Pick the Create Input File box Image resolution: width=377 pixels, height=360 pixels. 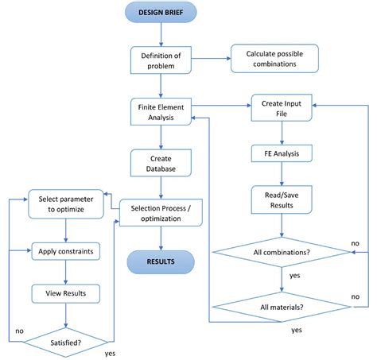(x=282, y=109)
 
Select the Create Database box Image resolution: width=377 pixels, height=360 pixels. (x=161, y=162)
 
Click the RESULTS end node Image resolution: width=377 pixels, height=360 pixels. (x=161, y=261)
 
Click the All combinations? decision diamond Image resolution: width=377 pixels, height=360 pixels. (x=282, y=254)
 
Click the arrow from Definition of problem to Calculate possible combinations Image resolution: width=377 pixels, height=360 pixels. (x=210, y=58)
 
